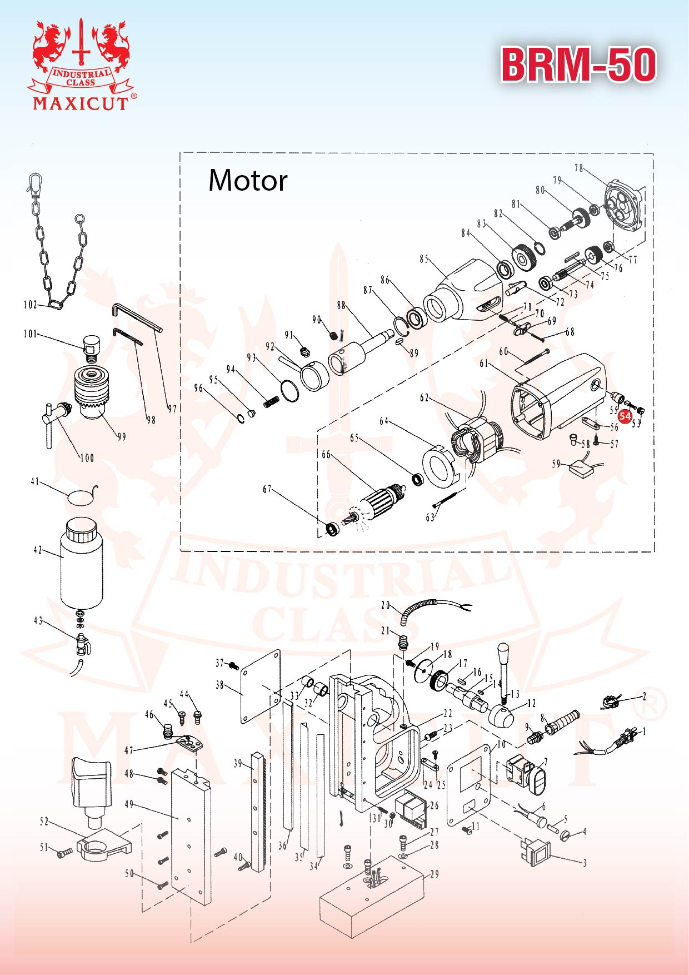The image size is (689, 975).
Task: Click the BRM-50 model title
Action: pyautogui.click(x=578, y=65)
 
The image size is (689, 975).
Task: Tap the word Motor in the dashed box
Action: pyautogui.click(x=248, y=181)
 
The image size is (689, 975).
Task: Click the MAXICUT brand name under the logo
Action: pyautogui.click(x=81, y=103)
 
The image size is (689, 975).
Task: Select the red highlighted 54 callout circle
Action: pyautogui.click(x=625, y=416)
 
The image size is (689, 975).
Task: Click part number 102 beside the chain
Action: pyautogui.click(x=30, y=305)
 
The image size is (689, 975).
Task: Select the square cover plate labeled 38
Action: pyautogui.click(x=260, y=687)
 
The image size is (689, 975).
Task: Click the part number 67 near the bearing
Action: pyautogui.click(x=267, y=489)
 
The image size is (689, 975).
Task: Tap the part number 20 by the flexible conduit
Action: pyautogui.click(x=386, y=605)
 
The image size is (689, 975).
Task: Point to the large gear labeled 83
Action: pyautogui.click(x=523, y=257)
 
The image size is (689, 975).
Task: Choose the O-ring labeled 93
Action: pyautogui.click(x=289, y=390)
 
